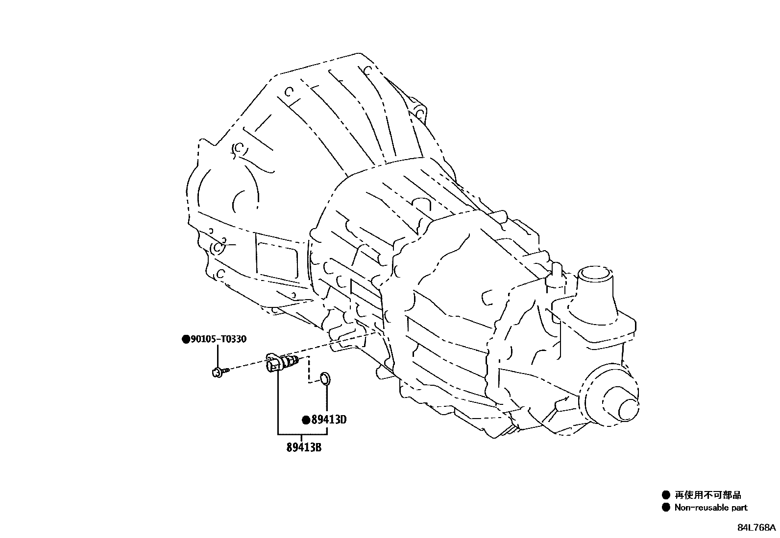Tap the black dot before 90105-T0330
point(185,339)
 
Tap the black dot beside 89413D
point(305,420)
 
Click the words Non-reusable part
point(711,508)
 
